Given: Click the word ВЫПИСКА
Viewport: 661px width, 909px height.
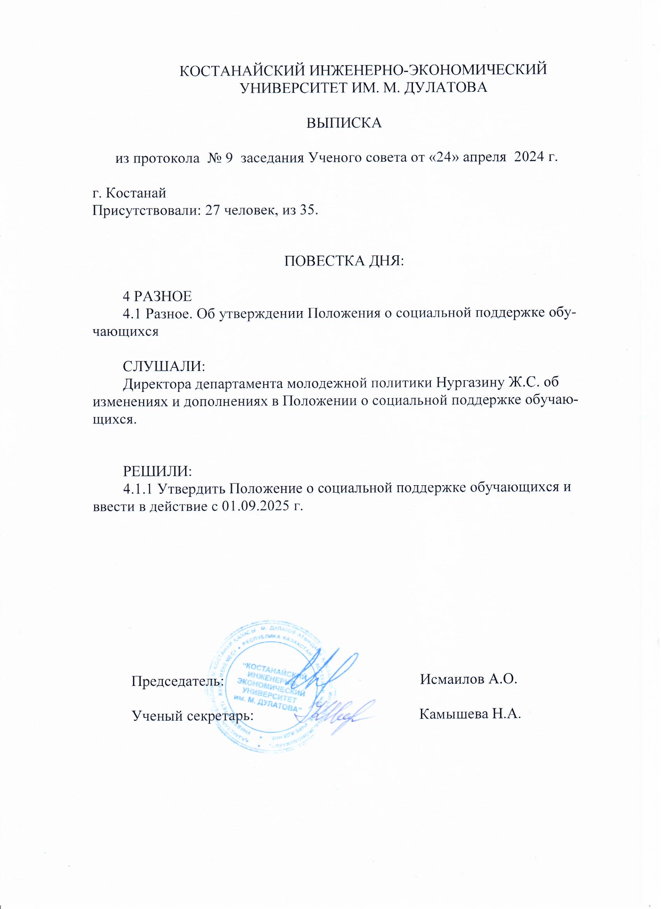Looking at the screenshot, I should point(344,123).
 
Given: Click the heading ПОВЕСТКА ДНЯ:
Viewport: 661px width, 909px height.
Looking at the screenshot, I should point(344,261).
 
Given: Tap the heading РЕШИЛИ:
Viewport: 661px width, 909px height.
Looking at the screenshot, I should point(157,471).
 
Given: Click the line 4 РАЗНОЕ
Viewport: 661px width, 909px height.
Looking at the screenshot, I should point(157,296).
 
